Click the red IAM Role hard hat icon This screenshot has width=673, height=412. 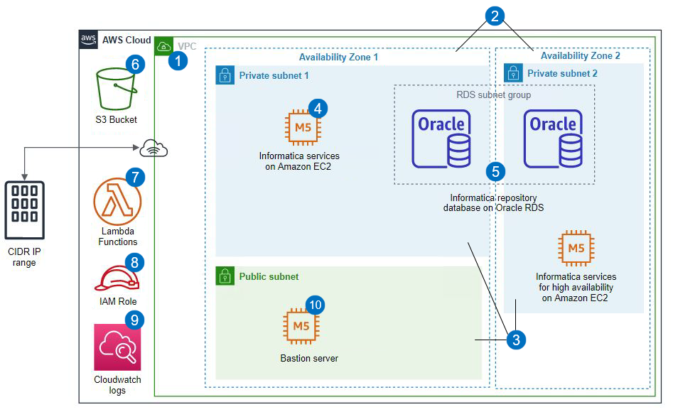tap(116, 277)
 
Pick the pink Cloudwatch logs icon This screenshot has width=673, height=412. tap(117, 347)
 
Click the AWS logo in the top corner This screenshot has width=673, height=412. tap(89, 40)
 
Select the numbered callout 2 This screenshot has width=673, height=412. tap(495, 16)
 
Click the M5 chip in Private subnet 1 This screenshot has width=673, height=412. tap(303, 128)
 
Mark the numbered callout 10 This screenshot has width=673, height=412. tap(316, 305)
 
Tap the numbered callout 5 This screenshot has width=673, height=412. tap(495, 170)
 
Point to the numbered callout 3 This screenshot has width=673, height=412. tap(516, 340)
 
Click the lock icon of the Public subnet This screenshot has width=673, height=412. tap(225, 276)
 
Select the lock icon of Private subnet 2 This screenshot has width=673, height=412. tap(513, 73)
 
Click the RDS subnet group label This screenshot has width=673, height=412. tap(493, 94)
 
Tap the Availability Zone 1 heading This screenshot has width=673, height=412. tap(338, 56)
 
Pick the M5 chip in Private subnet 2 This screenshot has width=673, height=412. tap(576, 248)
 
